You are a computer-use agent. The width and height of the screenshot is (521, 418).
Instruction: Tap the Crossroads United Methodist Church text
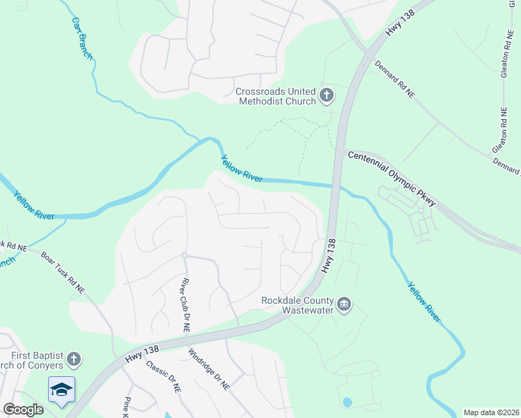[x=276, y=96]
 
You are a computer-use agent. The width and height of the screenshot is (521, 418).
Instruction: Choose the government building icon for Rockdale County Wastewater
[x=345, y=304]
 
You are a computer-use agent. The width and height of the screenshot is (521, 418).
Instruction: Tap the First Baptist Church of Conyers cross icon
[x=73, y=359]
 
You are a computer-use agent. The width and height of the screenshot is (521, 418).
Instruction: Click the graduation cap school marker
[x=61, y=389]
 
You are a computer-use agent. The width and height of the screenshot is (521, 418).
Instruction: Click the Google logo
[x=22, y=409]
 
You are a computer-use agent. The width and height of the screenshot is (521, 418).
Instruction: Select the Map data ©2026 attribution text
[x=490, y=412]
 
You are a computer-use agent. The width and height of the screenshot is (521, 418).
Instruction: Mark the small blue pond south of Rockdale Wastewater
[x=347, y=402]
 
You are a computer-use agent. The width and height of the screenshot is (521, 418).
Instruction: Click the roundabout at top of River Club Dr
[x=185, y=256]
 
